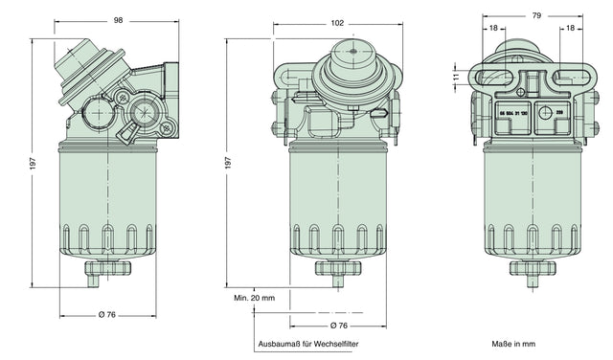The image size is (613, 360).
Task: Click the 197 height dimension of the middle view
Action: pyautogui.click(x=228, y=164)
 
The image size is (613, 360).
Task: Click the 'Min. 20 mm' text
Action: pyautogui.click(x=254, y=298)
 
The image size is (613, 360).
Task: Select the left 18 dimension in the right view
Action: pyautogui.click(x=492, y=29)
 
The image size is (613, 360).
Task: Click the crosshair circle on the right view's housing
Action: pyautogui.click(x=546, y=113)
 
